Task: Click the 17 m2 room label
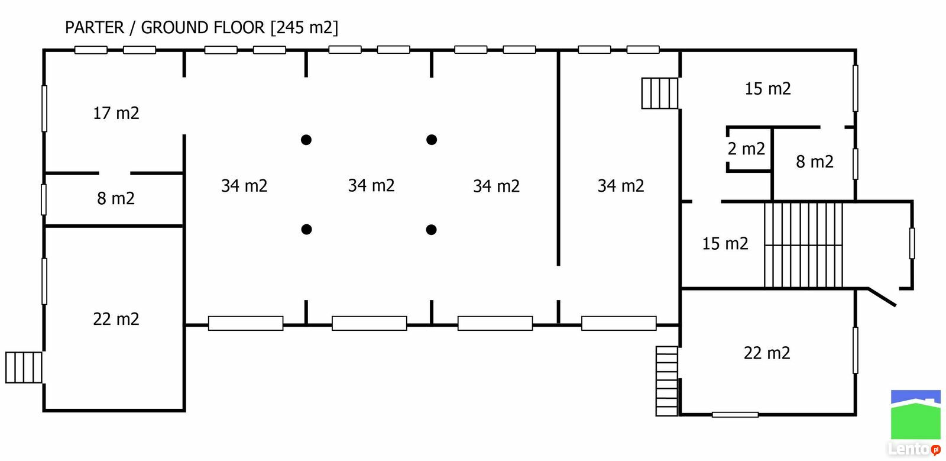(116, 113)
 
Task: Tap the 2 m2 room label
(746, 149)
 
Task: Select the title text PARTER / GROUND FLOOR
(165, 27)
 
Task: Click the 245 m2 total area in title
(304, 27)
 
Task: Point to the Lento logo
(916, 423)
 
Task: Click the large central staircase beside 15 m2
(804, 245)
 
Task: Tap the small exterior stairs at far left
(24, 367)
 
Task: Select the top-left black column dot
(306, 140)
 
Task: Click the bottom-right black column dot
(431, 230)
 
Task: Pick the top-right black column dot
(432, 140)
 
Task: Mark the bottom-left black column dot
(307, 230)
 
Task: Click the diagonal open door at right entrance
(882, 297)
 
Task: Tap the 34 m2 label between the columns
(371, 185)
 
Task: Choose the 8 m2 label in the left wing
(116, 199)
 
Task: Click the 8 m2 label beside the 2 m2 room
(815, 162)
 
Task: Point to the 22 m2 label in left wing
(116, 319)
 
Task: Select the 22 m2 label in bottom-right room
(767, 353)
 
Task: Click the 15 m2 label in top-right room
(768, 89)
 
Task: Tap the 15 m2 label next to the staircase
(725, 243)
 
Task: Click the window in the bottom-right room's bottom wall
(736, 414)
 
